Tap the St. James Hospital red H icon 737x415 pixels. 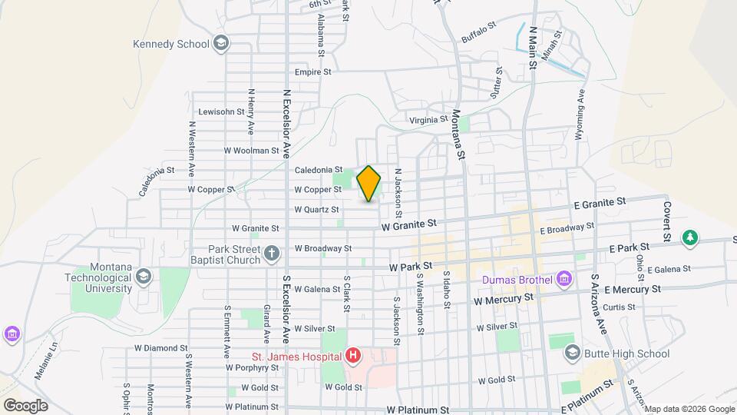coord(352,356)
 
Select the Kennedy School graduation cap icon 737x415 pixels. coord(222,43)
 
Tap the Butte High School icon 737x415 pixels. coord(572,354)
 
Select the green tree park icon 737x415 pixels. coord(691,237)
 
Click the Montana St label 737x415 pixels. coord(459,134)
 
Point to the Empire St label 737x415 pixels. coord(312,72)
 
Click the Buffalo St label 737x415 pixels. coord(480,33)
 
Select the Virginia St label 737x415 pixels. coord(428,120)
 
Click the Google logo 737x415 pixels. coord(25,405)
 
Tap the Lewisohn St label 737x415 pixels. coord(221,111)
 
